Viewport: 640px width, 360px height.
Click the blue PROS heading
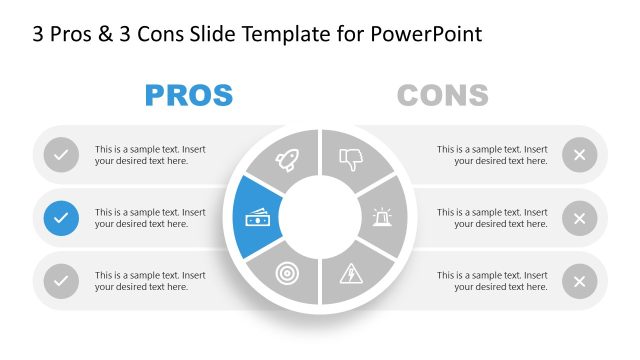[x=189, y=96]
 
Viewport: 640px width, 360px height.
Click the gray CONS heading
[x=442, y=96]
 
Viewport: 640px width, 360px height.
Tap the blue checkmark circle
[x=62, y=217]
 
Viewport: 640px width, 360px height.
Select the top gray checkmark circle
[x=62, y=155]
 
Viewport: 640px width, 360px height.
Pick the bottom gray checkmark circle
[x=62, y=281]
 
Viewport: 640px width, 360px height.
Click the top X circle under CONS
[x=579, y=155]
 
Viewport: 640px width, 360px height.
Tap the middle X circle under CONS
[x=579, y=218]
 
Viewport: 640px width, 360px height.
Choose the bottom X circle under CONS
[x=579, y=281]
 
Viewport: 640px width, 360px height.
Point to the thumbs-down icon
[x=350, y=159]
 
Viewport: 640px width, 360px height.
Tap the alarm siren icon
[x=382, y=217]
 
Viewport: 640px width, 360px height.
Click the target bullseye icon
[x=287, y=272]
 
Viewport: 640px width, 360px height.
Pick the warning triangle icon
[x=352, y=273]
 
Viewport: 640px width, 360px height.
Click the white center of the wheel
[x=320, y=217]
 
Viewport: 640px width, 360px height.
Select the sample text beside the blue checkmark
[x=150, y=218]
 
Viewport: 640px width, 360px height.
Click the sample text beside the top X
[x=492, y=155]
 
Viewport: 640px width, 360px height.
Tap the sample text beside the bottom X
[x=492, y=281]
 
